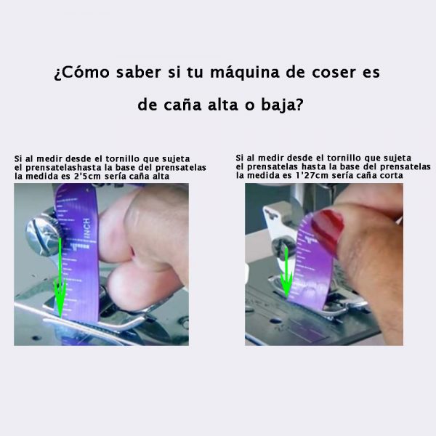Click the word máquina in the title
[244, 73]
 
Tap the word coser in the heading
[334, 72]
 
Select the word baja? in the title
[282, 105]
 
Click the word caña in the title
[182, 105]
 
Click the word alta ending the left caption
[161, 177]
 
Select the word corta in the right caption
[392, 175]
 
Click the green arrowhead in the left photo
[60, 297]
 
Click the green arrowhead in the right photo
[286, 283]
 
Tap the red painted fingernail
[328, 230]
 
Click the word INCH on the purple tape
[87, 229]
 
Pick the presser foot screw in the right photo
[281, 246]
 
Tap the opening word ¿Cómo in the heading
[81, 73]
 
